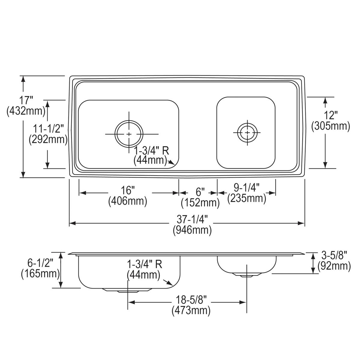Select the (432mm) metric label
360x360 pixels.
pos(26,111)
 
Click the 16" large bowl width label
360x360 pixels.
pos(128,190)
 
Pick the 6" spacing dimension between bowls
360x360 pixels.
pos(200,191)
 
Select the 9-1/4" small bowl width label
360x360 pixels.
pos(246,187)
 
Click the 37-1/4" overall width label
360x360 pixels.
pos(192,219)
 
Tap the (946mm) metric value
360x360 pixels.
pos(192,230)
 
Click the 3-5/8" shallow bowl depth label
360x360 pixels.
pos(334,255)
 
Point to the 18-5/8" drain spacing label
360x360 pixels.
pos(191,299)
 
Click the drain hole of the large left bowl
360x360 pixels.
pos(129,134)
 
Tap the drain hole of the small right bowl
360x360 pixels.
pos(247,132)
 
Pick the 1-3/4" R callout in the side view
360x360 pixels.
pos(145,264)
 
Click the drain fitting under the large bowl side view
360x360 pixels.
pos(120,290)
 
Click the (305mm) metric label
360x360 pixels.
pos(331,126)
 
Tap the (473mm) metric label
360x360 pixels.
pos(191,310)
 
